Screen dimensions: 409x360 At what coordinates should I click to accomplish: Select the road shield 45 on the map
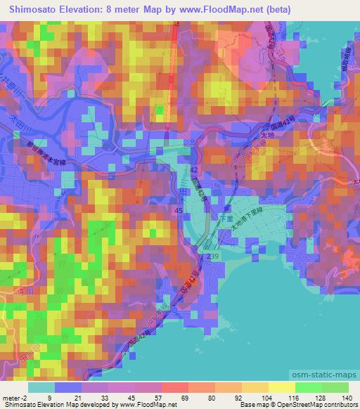point(179,210)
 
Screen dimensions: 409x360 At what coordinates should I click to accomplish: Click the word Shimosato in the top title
point(34,9)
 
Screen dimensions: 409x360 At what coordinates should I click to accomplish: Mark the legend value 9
point(50,398)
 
